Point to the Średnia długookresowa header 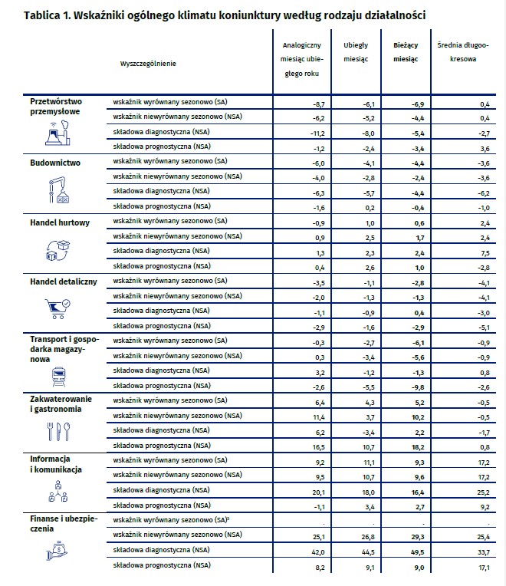(462, 52)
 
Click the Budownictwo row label (54, 163)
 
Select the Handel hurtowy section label (60, 222)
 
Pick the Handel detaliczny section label (63, 282)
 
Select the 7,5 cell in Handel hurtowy (483, 251)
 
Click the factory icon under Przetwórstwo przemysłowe (54, 134)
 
